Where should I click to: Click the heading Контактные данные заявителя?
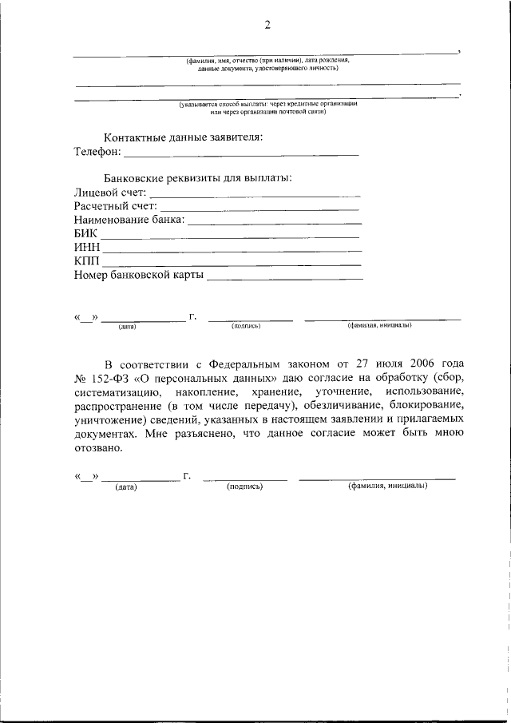coord(183,137)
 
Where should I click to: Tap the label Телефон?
coord(97,151)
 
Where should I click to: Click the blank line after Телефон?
coord(240,153)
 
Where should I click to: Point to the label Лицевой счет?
coord(110,193)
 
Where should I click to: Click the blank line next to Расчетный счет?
coord(260,209)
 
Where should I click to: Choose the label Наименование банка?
coord(129,220)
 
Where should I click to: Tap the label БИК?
coord(85,234)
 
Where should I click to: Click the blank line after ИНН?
coord(232,250)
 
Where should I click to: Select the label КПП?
coord(87,261)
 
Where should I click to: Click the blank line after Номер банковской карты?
coord(285,278)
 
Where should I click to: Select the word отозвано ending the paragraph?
coord(98,449)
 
